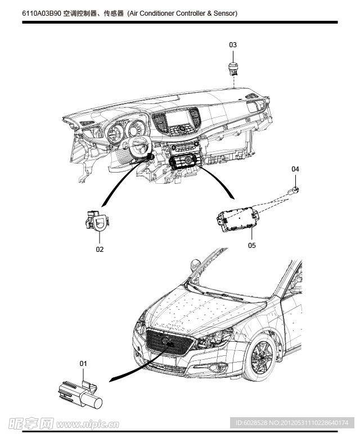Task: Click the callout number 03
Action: pos(233,44)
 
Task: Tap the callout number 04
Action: pos(295,169)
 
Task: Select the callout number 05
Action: pos(251,245)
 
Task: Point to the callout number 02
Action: pos(100,248)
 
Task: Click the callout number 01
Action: pos(83,363)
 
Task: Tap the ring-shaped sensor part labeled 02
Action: pos(98,222)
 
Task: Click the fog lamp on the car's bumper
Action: pos(217,369)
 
